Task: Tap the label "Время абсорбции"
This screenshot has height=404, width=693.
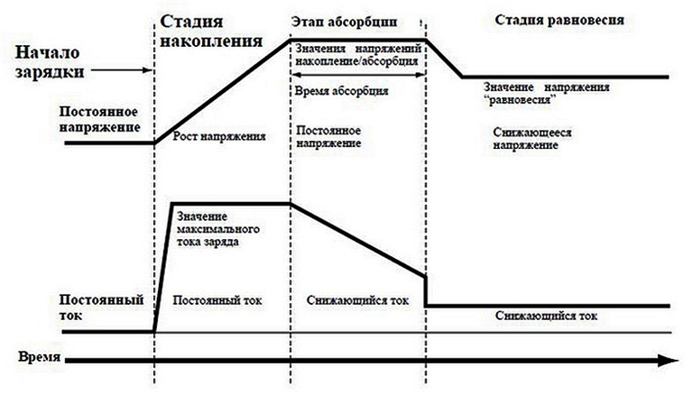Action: tap(342, 91)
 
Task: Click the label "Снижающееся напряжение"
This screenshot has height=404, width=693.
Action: tap(534, 138)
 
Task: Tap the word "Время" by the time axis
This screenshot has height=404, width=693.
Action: tap(40, 357)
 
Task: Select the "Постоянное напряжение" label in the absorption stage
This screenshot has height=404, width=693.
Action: tap(329, 137)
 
